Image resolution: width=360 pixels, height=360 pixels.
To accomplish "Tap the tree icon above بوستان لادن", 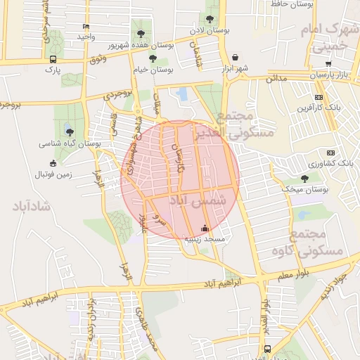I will [x=210, y=20].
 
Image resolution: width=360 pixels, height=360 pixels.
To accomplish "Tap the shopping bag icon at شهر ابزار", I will [x=234, y=58].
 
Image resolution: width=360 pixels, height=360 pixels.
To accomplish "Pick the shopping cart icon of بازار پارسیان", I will [x=328, y=63].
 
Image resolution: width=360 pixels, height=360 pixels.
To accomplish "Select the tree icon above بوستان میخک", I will [x=304, y=179].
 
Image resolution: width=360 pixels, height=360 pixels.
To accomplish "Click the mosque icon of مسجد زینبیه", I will [x=205, y=228].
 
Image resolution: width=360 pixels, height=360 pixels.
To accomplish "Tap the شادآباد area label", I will [x=30, y=206].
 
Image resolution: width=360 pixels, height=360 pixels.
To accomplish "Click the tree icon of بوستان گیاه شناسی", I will [x=68, y=131].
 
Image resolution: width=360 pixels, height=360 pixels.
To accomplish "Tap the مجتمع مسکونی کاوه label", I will [x=316, y=243].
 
